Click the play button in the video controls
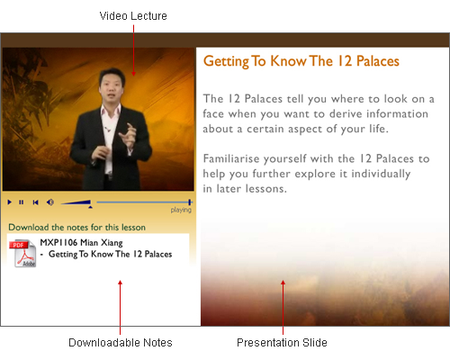pyautogui.click(x=10, y=202)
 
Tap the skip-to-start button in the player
pyautogui.click(x=35, y=202)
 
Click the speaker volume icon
pyautogui.click(x=50, y=202)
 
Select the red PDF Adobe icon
pyautogui.click(x=23, y=253)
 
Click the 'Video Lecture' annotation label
pyautogui.click(x=133, y=16)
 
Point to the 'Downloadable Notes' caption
pyautogui.click(x=121, y=343)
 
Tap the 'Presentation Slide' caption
pyautogui.click(x=282, y=343)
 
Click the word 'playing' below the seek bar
pyautogui.click(x=181, y=210)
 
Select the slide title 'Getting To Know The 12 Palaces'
pyautogui.click(x=301, y=61)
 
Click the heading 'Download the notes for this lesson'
pyautogui.click(x=76, y=227)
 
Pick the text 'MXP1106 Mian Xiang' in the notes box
pyautogui.click(x=81, y=242)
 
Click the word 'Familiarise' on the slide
pyautogui.click(x=231, y=158)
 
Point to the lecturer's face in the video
pyautogui.click(x=112, y=85)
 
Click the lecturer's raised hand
pyautogui.click(x=130, y=135)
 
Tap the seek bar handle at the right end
pyautogui.click(x=190, y=202)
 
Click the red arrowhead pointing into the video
pyautogui.click(x=133, y=74)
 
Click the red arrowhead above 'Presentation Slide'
pyautogui.click(x=283, y=283)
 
